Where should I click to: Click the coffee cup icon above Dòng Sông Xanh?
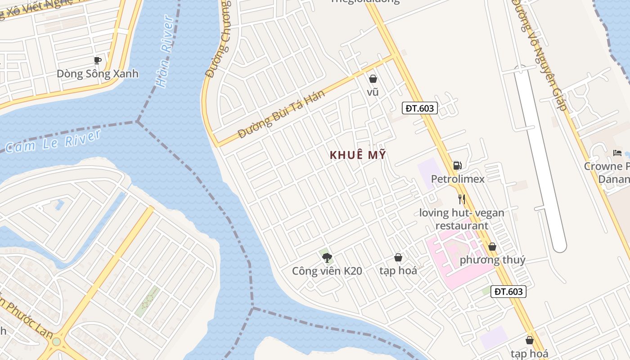[98, 60]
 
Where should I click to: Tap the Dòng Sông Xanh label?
[98, 74]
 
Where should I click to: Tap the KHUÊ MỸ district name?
[358, 155]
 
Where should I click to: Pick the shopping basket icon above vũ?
[373, 79]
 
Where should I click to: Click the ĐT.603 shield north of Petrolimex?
[419, 108]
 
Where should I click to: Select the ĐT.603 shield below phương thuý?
[508, 292]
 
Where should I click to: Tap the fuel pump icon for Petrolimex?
[457, 166]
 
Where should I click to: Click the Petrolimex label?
[458, 179]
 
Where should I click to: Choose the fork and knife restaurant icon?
[461, 199]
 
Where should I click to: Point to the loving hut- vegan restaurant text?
[462, 219]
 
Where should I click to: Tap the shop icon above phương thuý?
[492, 247]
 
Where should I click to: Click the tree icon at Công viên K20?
[327, 257]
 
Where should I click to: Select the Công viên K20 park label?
[327, 271]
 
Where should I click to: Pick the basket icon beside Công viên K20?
[398, 257]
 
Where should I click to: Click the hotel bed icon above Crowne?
[617, 153]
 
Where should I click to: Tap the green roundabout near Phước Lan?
[56, 341]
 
